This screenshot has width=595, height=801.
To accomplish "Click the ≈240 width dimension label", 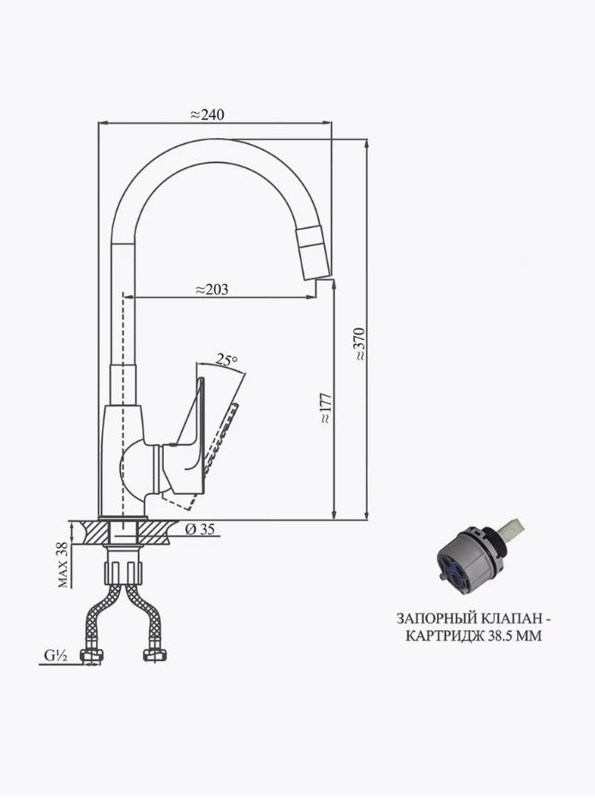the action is click(x=207, y=115).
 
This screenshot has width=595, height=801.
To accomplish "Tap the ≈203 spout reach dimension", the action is click(x=212, y=290).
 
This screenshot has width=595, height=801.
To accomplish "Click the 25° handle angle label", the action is click(x=226, y=359).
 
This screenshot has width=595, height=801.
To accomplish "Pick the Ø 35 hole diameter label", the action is click(x=201, y=529).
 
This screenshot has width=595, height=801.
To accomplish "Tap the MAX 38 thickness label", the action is click(x=63, y=564).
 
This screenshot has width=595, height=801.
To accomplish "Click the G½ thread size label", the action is click(x=56, y=656).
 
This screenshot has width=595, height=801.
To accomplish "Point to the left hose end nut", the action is click(x=93, y=656).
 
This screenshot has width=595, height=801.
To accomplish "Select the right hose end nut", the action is click(x=155, y=655).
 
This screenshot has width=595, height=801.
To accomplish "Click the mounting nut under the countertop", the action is click(x=123, y=572).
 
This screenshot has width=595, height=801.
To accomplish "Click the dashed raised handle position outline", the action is click(x=213, y=455).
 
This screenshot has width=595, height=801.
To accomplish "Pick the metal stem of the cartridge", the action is click(x=514, y=531).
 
